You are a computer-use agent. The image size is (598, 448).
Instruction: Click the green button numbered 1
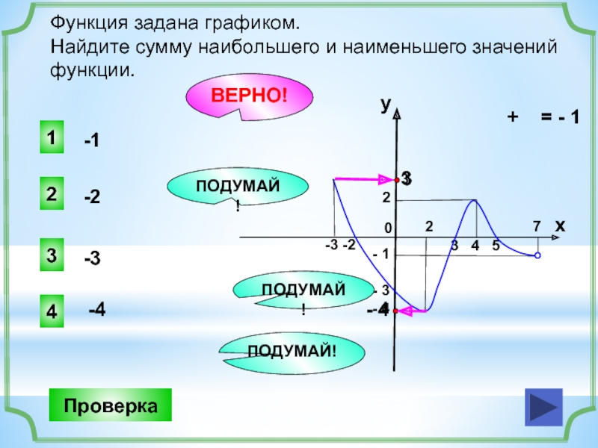[51, 139]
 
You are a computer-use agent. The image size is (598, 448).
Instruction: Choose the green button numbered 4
[51, 312]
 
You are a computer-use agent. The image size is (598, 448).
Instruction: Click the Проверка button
[110, 407]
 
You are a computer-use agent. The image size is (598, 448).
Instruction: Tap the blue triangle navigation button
[543, 408]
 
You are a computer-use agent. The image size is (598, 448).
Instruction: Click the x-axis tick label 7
[536, 225]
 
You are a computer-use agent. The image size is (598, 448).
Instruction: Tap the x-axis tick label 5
[496, 246]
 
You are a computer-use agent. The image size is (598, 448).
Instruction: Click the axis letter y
[385, 105]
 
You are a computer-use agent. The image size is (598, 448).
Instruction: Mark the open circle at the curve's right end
[537, 255]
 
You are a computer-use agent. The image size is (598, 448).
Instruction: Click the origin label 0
[388, 228]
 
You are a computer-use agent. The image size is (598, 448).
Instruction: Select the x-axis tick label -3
[331, 245]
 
